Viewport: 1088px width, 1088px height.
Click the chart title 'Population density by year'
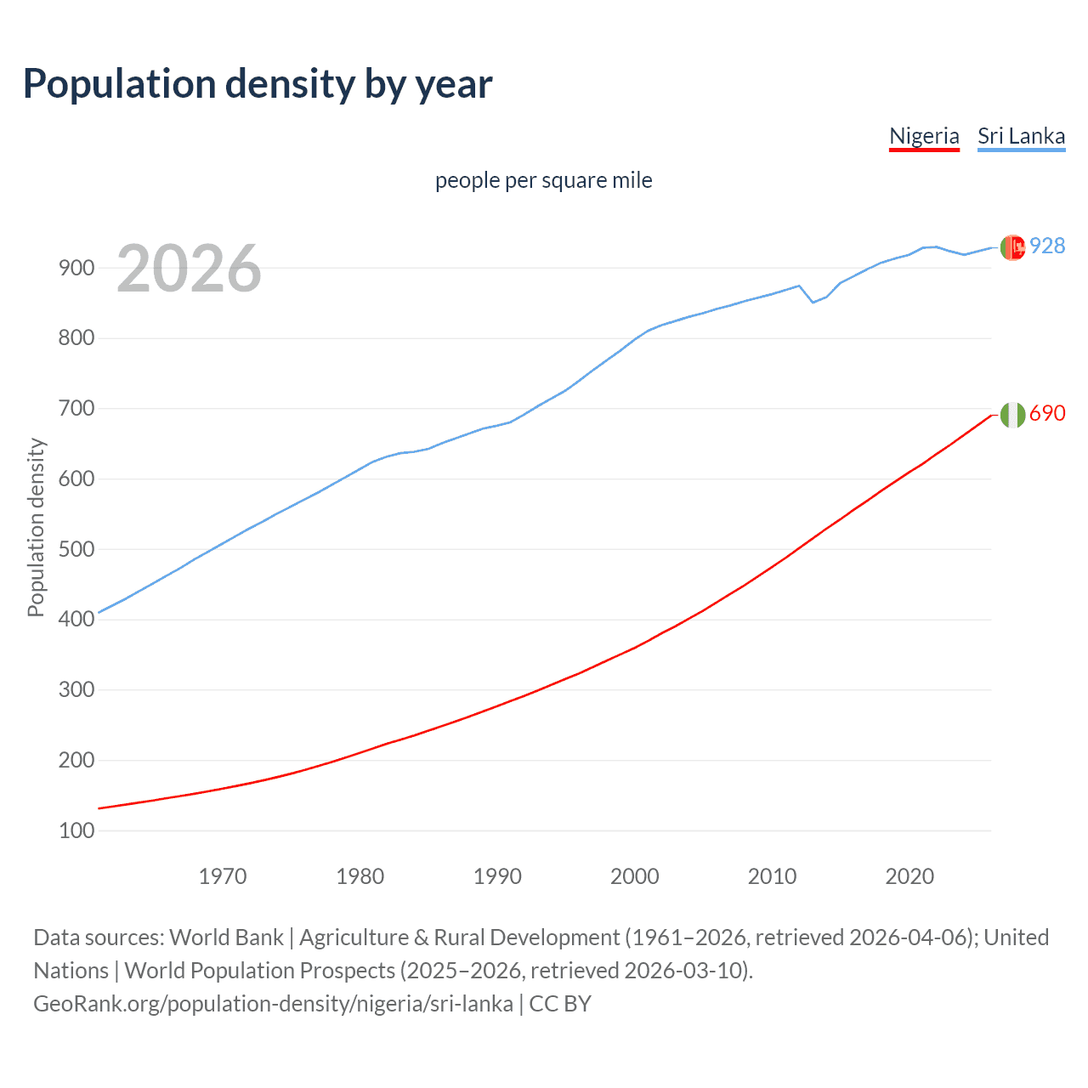258,84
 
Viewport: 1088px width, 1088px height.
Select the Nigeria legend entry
924,136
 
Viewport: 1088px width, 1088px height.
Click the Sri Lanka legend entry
1021,136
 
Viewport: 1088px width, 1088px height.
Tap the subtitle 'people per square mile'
543,180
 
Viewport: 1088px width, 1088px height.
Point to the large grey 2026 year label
189,269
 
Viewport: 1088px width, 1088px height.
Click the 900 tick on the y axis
76,268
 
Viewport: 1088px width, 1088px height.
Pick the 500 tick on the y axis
76,549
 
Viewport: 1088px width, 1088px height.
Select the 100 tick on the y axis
76,830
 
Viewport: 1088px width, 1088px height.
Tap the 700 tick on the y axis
76,409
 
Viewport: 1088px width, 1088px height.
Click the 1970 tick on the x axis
223,876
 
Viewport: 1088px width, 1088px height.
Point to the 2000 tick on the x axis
635,876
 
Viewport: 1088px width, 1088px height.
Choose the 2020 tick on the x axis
909,876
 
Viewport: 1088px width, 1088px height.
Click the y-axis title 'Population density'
36,527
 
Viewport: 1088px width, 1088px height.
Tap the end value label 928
1047,246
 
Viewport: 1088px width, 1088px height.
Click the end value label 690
1047,413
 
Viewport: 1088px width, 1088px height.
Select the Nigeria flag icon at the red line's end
1012,415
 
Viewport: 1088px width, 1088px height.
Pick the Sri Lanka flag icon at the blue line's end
1012,247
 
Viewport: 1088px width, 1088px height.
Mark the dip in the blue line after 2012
813,302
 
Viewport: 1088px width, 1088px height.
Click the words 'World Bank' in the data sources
226,938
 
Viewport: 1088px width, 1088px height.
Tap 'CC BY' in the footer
560,1004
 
